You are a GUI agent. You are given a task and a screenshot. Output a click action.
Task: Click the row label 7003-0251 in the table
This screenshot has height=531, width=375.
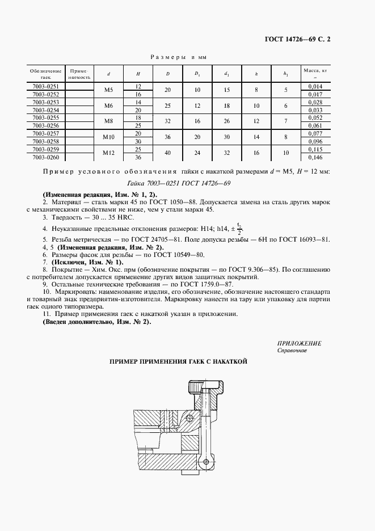pos(46,86)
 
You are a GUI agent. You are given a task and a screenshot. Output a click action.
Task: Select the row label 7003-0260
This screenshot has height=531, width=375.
pos(46,157)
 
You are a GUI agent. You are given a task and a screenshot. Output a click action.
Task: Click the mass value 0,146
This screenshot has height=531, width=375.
pos(315,157)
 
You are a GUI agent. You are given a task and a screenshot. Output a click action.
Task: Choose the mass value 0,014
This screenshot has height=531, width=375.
pos(315,86)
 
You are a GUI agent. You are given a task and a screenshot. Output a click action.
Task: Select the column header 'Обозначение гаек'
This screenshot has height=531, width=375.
pos(46,74)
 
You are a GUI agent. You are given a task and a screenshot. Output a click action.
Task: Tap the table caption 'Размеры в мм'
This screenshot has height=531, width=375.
pos(176,57)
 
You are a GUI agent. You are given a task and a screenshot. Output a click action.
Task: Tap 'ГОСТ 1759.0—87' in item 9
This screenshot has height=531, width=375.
pos(194,283)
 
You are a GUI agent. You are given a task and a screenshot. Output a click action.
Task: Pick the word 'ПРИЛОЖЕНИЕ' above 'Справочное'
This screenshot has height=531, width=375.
pos(299,344)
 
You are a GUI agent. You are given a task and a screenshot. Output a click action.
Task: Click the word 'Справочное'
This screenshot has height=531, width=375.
pos(292,351)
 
